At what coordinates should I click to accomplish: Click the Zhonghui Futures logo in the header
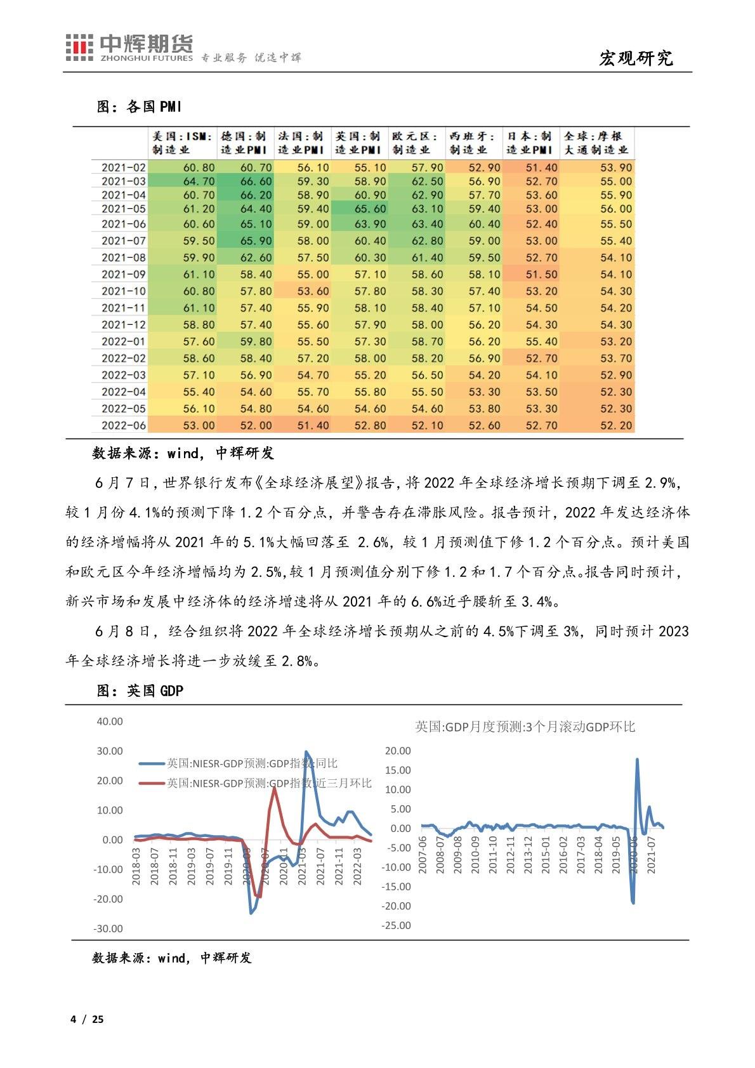[129, 48]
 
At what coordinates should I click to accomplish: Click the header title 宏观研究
[636, 58]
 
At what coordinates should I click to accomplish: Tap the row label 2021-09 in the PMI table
[124, 275]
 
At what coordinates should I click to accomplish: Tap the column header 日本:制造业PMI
[530, 143]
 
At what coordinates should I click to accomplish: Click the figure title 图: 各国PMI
[139, 107]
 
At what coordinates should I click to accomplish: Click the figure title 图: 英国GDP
[140, 690]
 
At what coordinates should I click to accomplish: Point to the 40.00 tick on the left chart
[110, 722]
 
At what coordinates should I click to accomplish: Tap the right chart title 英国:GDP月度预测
[525, 727]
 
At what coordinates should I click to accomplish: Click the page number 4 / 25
[87, 1020]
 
